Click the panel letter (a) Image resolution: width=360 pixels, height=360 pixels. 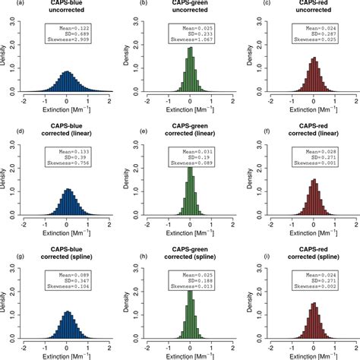[7, 4]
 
